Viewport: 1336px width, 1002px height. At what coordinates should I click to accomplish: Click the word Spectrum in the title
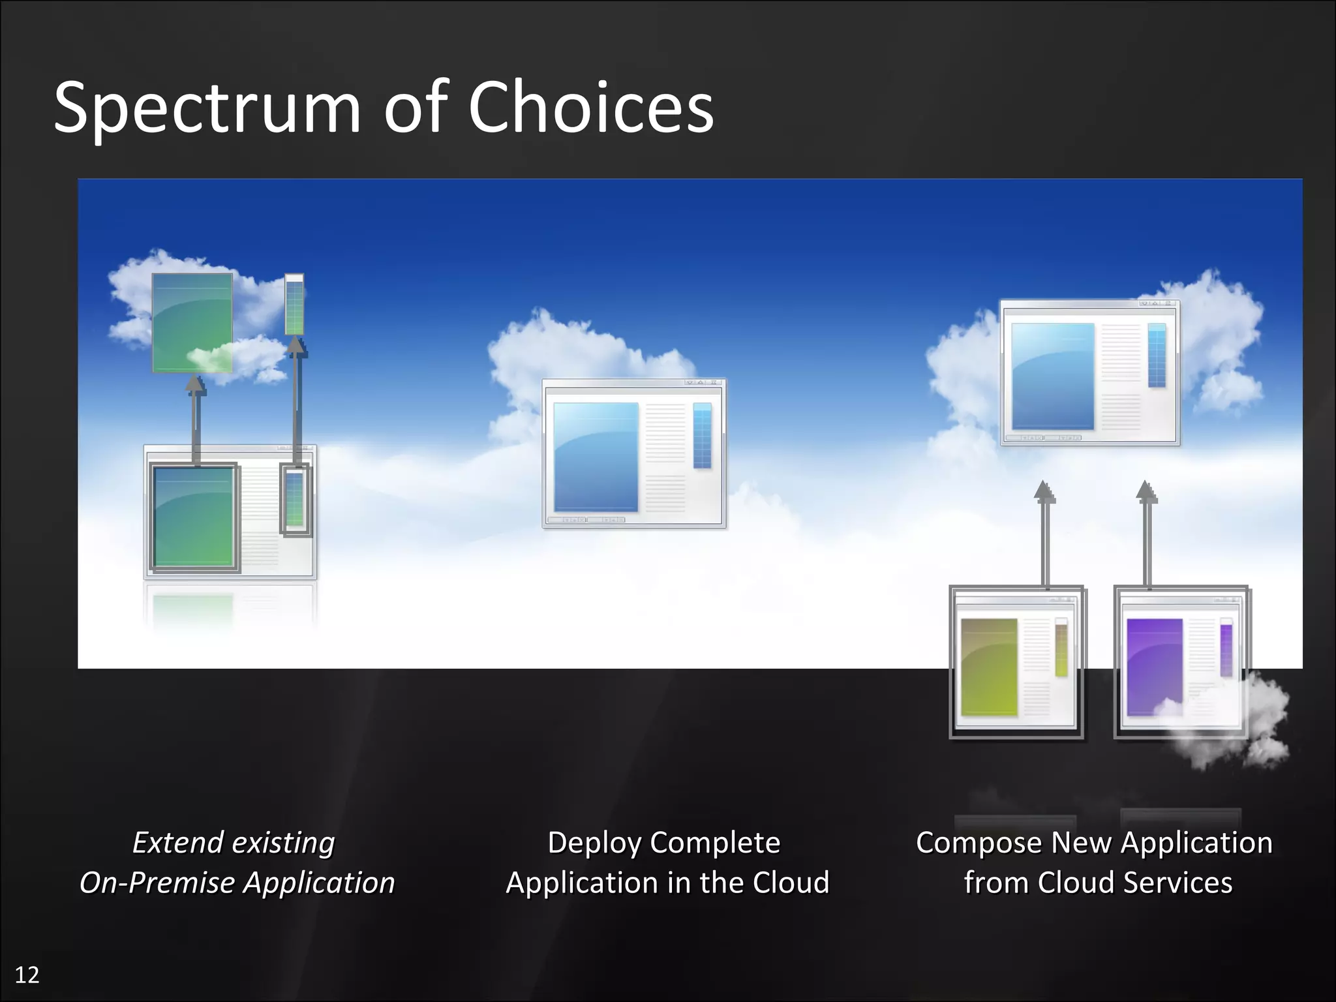click(207, 108)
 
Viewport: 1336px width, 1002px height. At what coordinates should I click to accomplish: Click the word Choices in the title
click(590, 108)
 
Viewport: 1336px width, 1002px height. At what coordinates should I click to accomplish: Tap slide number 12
click(27, 975)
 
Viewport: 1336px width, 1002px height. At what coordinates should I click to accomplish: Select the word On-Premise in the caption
click(157, 883)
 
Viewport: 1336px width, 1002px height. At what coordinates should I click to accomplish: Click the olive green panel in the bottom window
click(989, 667)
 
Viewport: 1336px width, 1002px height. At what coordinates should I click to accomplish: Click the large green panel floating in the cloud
click(192, 320)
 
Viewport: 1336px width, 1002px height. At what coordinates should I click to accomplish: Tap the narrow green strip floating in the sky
click(294, 305)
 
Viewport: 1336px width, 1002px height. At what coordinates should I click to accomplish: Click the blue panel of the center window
click(596, 457)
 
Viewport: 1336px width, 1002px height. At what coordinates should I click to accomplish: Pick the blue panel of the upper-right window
click(1052, 376)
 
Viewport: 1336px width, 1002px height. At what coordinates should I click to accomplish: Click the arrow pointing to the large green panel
click(195, 421)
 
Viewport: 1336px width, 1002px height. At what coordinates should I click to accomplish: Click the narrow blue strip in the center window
click(702, 435)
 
